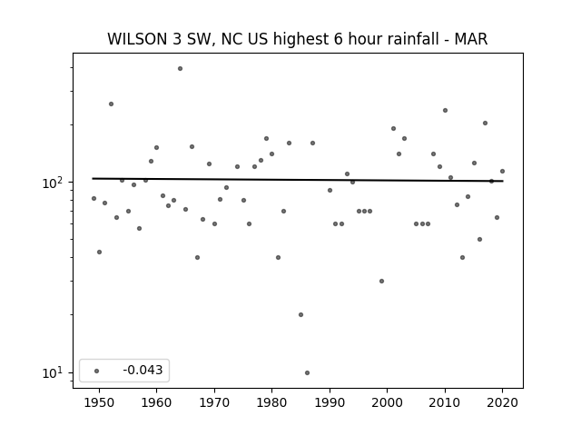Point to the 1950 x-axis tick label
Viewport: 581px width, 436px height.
[99, 402]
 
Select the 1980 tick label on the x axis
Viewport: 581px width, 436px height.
[271, 402]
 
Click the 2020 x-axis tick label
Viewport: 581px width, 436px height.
[502, 402]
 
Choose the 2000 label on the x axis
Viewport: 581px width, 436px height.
[388, 402]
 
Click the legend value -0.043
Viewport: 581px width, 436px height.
[143, 370]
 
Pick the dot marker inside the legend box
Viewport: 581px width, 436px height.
[97, 371]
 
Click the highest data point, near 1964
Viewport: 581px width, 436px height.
[180, 69]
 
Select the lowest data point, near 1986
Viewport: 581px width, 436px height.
[307, 373]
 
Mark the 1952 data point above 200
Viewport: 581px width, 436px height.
[111, 104]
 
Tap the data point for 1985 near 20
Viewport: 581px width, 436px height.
[300, 315]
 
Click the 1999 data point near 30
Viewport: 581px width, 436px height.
[381, 281]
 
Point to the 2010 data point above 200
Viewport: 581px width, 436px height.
[445, 111]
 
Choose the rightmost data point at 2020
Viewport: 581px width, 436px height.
[502, 172]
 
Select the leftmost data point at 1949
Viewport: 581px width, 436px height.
[94, 199]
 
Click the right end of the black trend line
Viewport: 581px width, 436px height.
[503, 181]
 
